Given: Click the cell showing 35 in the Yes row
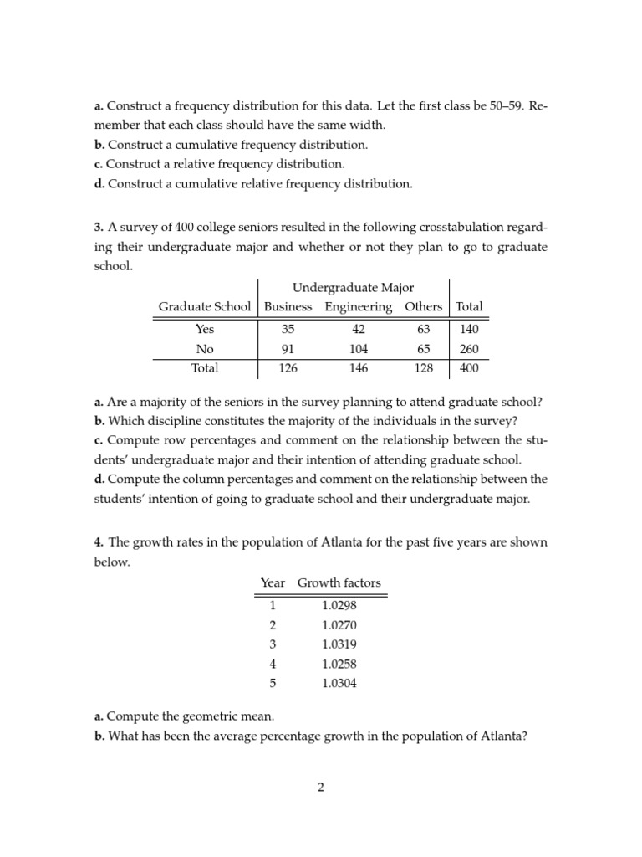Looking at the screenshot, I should [x=288, y=329].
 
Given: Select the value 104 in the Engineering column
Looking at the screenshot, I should [x=359, y=349].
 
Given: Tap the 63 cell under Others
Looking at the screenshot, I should [x=423, y=329].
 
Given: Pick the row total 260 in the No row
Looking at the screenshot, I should [x=469, y=349].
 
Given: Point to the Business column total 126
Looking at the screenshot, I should [x=288, y=368].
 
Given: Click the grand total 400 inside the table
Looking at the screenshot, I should [x=469, y=368].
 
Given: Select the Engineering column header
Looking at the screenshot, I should [x=359, y=307].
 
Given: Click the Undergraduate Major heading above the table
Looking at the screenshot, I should [x=354, y=288].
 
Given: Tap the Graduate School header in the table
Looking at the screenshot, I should [x=205, y=307].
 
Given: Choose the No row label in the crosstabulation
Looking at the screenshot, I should [x=205, y=349].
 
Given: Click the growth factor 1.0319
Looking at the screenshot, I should [x=339, y=644].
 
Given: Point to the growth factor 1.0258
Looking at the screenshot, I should [x=339, y=664].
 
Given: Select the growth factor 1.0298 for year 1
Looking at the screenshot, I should [x=339, y=605].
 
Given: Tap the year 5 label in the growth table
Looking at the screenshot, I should [x=271, y=683].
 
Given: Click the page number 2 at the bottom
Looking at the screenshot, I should [x=320, y=788].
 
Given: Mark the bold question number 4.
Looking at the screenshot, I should [x=98, y=542].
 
